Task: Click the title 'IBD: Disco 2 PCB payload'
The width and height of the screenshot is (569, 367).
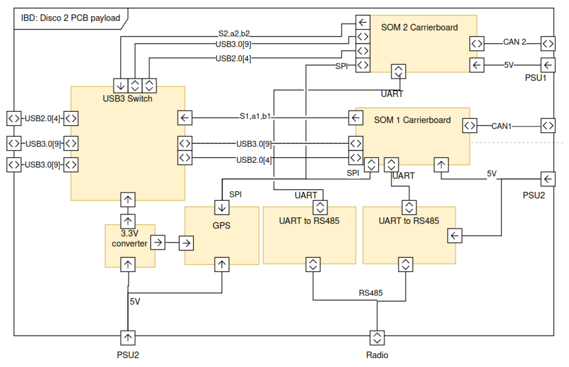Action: point(70,18)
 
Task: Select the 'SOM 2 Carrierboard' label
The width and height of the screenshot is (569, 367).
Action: point(419,27)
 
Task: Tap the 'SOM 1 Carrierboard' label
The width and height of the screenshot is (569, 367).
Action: point(412,120)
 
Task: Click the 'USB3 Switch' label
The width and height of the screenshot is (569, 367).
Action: point(127,99)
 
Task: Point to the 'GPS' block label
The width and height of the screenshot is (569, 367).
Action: point(221,226)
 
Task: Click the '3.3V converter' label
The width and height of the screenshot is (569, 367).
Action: point(129,238)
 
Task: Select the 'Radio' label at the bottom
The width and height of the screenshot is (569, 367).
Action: point(377,355)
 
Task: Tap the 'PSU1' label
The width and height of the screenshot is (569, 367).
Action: point(535,78)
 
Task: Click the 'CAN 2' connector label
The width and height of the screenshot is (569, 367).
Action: point(514,42)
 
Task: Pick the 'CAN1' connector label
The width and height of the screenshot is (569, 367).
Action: point(501,126)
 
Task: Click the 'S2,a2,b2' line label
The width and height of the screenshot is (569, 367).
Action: point(234,33)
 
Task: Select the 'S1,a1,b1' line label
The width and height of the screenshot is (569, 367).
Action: point(255,116)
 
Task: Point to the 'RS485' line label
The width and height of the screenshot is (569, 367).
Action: point(370,293)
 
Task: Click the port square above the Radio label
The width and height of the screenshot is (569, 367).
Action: point(377,338)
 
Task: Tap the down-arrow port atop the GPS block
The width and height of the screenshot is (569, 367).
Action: point(222,207)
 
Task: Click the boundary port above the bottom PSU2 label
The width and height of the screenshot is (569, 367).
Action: point(128,338)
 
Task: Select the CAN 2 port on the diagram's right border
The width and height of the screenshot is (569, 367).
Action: point(547,44)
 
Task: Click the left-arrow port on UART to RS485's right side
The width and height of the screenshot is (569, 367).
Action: point(454,236)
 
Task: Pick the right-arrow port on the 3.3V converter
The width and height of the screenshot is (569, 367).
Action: point(158,242)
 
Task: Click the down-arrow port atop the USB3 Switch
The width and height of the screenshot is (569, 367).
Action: point(120,85)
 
